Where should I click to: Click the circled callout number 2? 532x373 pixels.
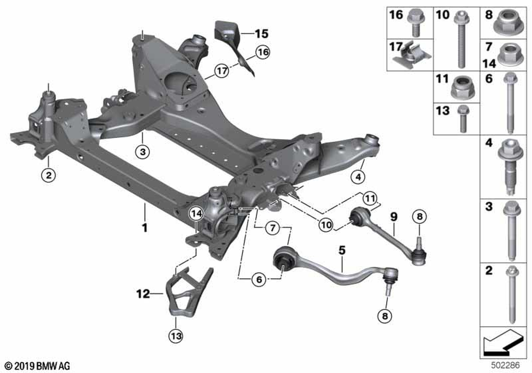pos(48,175)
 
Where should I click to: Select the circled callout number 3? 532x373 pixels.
pos(143,151)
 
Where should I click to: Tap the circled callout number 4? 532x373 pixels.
pos(358,177)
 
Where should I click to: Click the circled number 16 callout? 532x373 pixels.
pos(263,52)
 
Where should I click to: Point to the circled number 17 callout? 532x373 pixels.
pos(221,71)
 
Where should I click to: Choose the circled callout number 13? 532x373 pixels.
pos(176,336)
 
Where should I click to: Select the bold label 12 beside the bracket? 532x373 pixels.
pos(143,294)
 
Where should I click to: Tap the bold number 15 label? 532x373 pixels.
pos(262,34)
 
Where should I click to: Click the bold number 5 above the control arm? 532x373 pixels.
pos(342,250)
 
